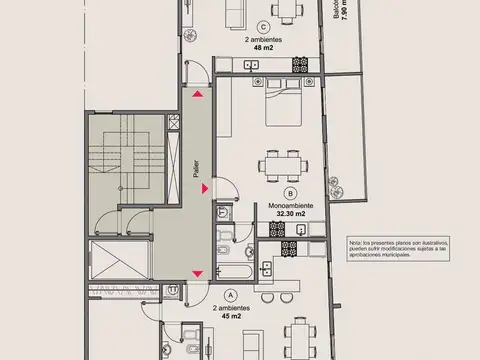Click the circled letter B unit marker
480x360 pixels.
click(290, 192)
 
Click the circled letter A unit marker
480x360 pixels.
click(232, 295)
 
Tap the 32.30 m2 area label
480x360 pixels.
click(289, 215)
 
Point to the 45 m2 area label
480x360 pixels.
click(232, 321)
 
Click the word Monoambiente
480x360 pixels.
click(289, 205)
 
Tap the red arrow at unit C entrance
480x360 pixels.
click(200, 94)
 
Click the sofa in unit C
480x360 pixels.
click(231, 12)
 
